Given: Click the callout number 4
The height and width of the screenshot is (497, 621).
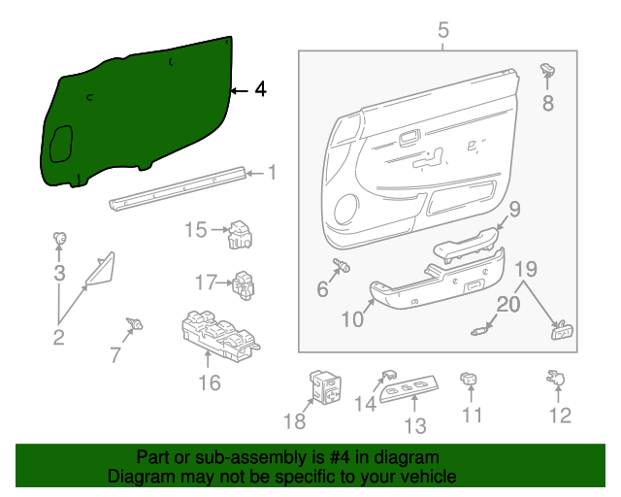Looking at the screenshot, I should (x=259, y=89).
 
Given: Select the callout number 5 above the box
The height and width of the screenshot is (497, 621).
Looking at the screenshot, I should (x=443, y=30).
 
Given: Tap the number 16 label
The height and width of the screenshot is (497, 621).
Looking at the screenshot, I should (x=210, y=382).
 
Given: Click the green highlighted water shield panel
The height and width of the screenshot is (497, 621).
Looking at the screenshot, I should (x=136, y=112).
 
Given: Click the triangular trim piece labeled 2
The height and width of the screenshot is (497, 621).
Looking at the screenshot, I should (x=100, y=270).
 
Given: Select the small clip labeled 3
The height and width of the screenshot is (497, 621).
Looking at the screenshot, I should (x=60, y=239).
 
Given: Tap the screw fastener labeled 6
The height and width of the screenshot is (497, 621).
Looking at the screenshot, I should (x=342, y=265).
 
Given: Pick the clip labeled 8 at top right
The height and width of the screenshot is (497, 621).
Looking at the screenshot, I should (x=547, y=70).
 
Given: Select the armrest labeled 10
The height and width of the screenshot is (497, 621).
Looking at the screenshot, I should (x=437, y=280).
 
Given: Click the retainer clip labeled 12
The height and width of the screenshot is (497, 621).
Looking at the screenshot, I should (x=558, y=380).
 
